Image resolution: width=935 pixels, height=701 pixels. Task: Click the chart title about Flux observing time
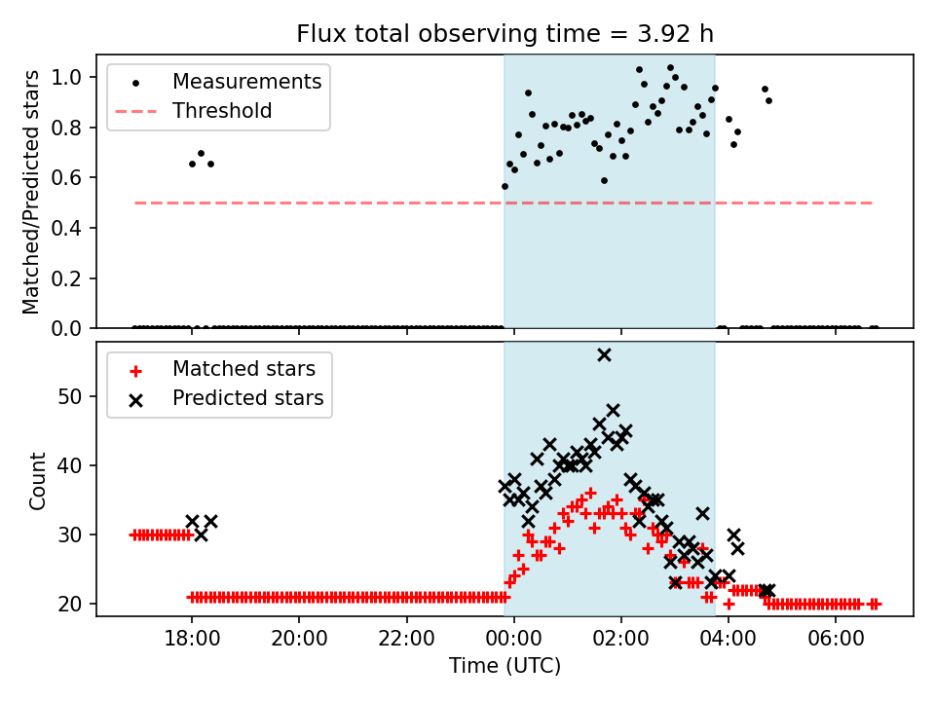click(x=505, y=34)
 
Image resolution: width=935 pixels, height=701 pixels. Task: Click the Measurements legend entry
click(x=246, y=82)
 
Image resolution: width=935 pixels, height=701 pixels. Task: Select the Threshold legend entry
click(x=222, y=111)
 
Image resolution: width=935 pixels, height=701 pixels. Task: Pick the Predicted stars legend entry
click(x=247, y=398)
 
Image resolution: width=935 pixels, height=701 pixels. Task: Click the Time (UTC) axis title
click(x=505, y=666)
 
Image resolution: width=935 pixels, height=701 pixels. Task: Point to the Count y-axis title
click(x=38, y=480)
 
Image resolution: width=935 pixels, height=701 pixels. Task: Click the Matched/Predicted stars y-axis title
click(x=32, y=192)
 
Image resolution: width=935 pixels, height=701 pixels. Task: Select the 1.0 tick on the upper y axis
click(x=73, y=77)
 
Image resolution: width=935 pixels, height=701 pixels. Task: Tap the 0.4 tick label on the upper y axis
click(x=73, y=228)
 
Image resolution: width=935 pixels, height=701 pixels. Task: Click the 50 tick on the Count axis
click(x=75, y=396)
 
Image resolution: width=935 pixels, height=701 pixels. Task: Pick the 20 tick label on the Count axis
click(x=75, y=604)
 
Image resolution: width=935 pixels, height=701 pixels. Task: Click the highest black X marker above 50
click(x=604, y=355)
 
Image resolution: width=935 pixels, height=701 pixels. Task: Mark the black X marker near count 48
click(x=613, y=411)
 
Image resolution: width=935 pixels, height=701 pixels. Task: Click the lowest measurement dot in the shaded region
click(x=505, y=186)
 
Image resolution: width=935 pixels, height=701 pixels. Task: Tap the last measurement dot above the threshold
click(x=768, y=100)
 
